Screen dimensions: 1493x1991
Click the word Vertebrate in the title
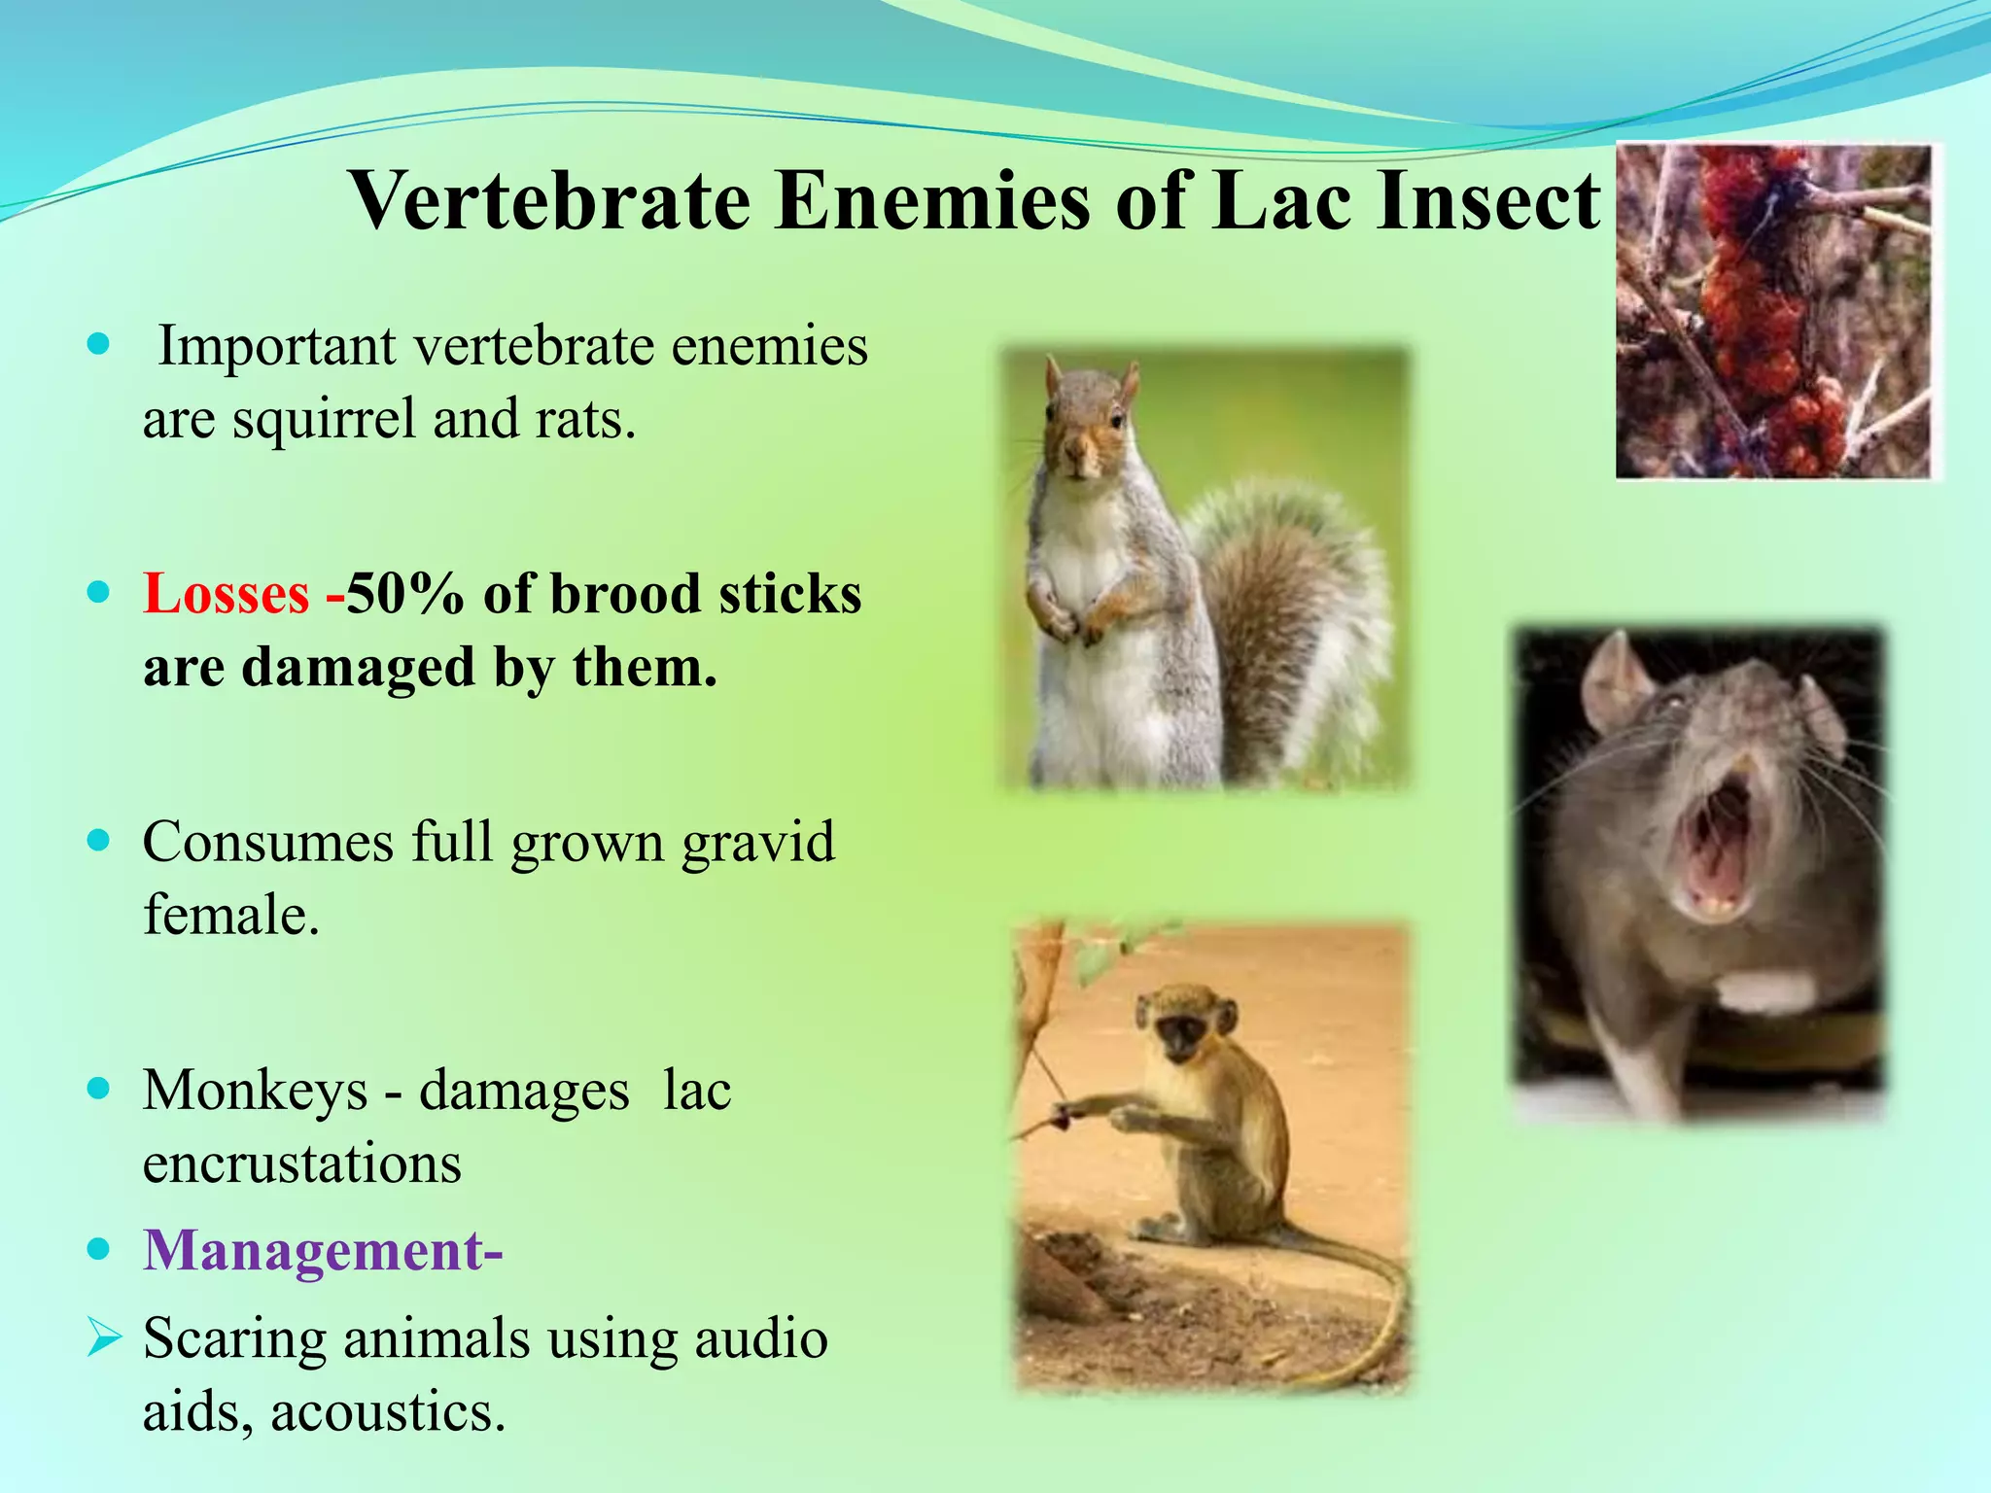pos(550,201)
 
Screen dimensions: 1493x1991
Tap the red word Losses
pos(226,594)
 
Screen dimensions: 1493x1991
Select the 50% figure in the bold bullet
pos(404,594)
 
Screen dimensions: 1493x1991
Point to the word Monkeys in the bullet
pos(255,1091)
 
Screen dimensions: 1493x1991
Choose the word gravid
pos(757,843)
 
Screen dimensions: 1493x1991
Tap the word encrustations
pos(301,1163)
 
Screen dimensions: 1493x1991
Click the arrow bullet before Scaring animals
pos(103,1337)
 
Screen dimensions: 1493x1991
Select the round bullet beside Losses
pos(98,592)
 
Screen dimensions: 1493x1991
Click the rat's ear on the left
pos(1614,680)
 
